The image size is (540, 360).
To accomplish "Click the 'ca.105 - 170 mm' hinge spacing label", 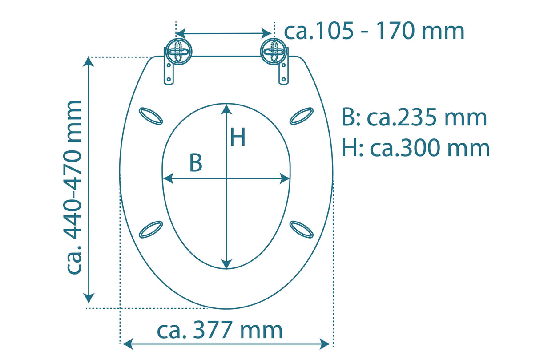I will [374, 31].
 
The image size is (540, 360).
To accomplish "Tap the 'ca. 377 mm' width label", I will [220, 330].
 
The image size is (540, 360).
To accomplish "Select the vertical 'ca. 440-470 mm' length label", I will [73, 187].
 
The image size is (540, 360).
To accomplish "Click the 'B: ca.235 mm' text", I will [414, 118].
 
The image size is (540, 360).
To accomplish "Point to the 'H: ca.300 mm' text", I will [415, 148].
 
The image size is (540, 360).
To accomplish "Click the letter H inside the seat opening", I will [238, 137].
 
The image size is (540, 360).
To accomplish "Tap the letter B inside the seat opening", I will [196, 163].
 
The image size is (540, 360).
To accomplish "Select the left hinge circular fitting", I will [178, 52].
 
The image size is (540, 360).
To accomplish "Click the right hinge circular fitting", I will [274, 52].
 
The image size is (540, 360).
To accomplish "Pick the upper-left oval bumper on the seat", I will [151, 116].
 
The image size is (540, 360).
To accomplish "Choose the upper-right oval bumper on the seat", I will [302, 116].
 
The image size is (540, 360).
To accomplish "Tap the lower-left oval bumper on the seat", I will [151, 229].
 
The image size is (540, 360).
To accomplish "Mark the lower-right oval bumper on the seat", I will [302, 229].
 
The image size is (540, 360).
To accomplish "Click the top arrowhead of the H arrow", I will [227, 109].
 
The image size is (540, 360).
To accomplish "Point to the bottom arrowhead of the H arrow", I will [227, 264].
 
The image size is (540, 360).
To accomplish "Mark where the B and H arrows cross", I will [227, 179].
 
